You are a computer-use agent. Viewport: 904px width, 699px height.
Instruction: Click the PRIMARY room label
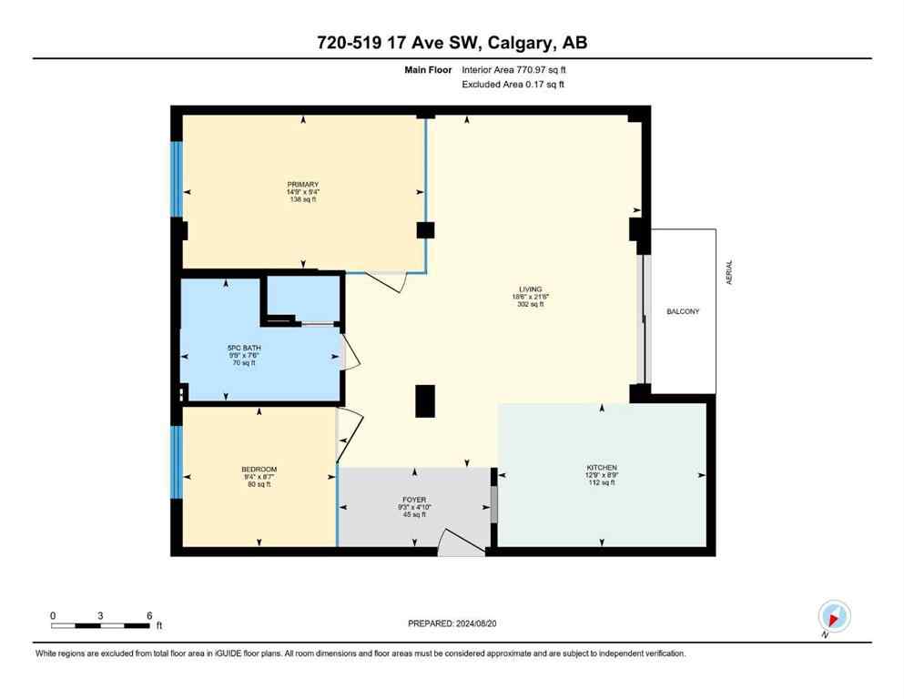click(302, 185)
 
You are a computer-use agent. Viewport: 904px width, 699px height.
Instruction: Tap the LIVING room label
click(528, 289)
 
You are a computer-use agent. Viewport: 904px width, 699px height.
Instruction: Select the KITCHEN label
click(601, 468)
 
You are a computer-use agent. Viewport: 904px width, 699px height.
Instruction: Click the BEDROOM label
click(259, 469)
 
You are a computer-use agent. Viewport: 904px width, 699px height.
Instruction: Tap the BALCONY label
click(682, 312)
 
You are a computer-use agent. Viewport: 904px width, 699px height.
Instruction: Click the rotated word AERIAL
click(728, 273)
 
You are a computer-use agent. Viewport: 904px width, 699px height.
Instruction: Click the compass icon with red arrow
click(833, 616)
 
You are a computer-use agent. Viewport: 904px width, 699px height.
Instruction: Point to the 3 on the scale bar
click(100, 615)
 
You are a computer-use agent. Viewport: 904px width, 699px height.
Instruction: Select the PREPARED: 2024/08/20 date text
click(452, 623)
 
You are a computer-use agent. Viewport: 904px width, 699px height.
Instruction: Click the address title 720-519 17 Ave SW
click(452, 44)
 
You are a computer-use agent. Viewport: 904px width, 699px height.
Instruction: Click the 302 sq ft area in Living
click(528, 305)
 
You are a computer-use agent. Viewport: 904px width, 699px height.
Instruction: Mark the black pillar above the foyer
click(425, 401)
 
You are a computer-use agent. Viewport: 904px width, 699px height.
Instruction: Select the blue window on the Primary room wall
click(177, 178)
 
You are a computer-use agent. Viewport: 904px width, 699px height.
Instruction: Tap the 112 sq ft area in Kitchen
click(601, 483)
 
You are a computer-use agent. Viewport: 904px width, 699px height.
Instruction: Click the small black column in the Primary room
click(425, 229)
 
